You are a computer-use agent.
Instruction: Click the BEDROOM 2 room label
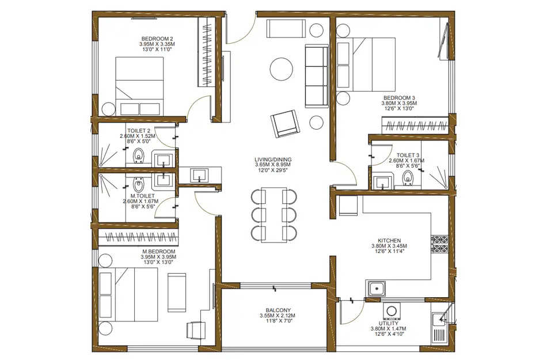coord(157,39)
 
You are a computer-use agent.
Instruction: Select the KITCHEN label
coord(389,241)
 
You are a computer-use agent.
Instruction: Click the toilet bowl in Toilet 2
coord(138,156)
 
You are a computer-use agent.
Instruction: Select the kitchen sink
coord(377,288)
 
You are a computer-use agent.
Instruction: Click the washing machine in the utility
coord(392,312)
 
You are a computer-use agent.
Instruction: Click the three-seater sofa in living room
coord(316,77)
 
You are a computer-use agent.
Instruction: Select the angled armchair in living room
coord(284,123)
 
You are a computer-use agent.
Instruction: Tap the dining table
coord(273,214)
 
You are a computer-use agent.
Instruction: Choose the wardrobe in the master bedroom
coord(138,237)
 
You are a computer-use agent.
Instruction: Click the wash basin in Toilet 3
coord(381,183)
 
